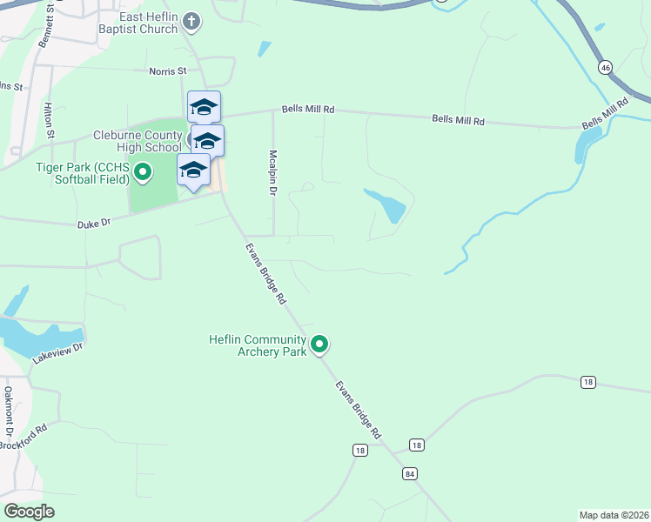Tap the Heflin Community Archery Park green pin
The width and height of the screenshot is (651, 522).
point(319,345)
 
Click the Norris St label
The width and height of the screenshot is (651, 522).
point(168,71)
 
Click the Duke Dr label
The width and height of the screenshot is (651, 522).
point(94,224)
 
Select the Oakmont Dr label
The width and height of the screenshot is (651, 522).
point(10,412)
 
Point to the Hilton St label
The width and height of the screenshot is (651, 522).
point(50,118)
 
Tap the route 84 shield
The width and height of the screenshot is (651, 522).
point(409,473)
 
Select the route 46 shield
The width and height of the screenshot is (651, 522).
point(605,67)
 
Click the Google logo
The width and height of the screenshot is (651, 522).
point(29,512)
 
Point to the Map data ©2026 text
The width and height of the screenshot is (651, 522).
point(614,515)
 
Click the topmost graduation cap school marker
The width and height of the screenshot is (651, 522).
point(204,107)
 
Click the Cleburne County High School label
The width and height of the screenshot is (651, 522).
point(138,142)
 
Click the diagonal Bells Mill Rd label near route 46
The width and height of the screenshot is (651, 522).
point(605,115)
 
